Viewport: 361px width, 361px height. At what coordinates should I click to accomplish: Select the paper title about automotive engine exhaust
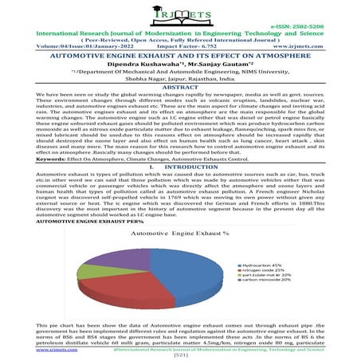[181, 58]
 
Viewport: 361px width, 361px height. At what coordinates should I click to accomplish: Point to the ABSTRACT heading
[181, 97]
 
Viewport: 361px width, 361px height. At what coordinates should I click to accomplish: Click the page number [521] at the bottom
[180, 355]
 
